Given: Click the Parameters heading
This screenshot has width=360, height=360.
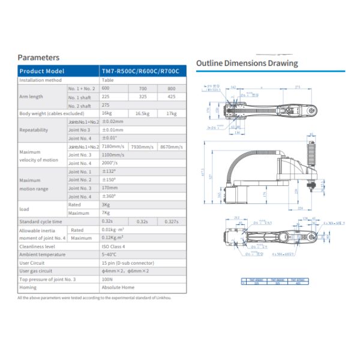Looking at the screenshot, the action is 38,58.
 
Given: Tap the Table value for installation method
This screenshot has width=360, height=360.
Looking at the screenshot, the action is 108,80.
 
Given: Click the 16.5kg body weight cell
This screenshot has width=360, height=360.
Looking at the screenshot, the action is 142,113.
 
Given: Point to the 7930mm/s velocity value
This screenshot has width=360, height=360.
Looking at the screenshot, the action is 142,146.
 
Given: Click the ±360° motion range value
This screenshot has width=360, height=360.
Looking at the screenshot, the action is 109,196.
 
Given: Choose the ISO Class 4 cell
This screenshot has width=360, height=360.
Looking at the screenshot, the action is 115,246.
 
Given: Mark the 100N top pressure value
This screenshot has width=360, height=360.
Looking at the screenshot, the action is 107,279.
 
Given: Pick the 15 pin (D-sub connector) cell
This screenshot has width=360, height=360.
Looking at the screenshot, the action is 125,263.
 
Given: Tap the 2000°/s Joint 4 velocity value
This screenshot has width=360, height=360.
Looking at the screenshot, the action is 109,163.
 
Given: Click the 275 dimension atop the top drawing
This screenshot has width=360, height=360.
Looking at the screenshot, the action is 298,87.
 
